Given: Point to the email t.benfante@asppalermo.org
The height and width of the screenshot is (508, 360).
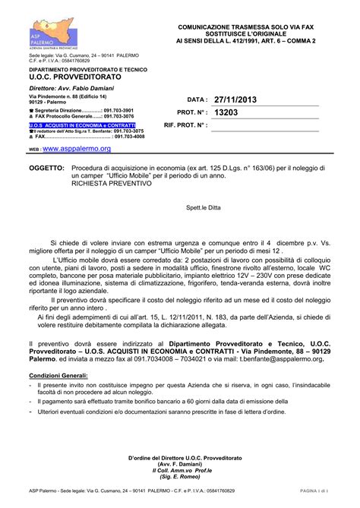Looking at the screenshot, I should tap(280, 361).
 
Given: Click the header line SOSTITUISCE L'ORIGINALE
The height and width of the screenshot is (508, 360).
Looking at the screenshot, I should tap(245, 33).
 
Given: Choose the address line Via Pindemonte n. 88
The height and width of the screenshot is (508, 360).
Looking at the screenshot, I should tap(68, 97).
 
